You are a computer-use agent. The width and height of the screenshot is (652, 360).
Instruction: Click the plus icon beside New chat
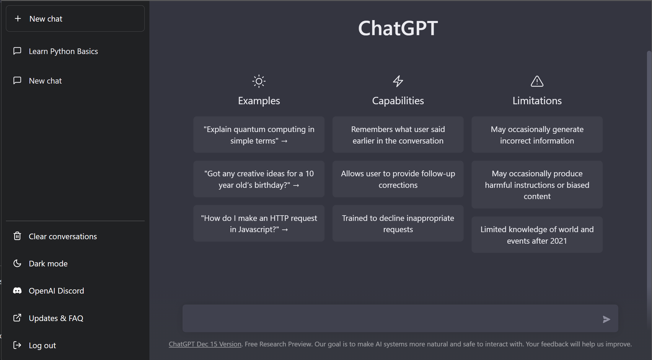coord(18,19)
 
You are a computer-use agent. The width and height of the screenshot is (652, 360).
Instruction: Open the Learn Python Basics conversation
coord(63,51)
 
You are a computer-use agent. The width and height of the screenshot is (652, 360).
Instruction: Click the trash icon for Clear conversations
coord(17,236)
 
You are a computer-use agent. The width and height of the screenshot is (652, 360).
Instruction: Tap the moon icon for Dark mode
coord(17,263)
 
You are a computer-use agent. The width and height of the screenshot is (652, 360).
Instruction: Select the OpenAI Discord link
coord(56,291)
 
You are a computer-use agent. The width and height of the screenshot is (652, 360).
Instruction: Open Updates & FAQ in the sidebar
coord(56,318)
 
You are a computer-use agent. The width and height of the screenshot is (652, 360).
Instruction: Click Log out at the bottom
coord(42,345)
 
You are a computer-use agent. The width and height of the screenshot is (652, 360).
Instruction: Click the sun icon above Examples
coord(259,81)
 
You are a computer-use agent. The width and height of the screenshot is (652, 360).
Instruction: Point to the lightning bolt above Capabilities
coord(398,81)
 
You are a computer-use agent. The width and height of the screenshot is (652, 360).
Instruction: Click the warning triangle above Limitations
coord(537,81)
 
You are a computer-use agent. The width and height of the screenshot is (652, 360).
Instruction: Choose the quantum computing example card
coord(259,135)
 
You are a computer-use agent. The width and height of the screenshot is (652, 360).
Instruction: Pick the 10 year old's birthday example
coord(259,179)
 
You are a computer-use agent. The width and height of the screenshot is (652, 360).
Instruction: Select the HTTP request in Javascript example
coord(259,224)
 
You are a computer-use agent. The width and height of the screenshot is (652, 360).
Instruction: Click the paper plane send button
coord(606,319)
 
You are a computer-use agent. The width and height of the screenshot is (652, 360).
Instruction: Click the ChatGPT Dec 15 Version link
coord(205,344)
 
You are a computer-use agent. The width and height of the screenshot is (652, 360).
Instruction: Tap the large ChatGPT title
coord(398,28)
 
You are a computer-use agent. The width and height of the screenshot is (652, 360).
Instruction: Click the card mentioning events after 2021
coord(537,235)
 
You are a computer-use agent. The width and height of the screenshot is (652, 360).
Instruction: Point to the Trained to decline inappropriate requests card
coord(398,224)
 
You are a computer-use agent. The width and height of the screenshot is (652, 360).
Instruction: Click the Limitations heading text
coord(537,101)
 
